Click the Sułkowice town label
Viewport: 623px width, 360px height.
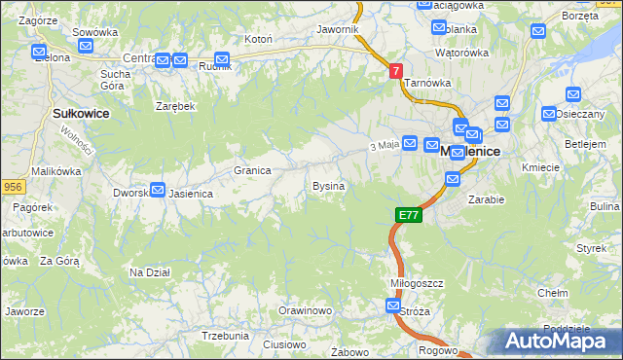pos(80,114)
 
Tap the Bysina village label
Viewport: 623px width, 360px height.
pos(327,185)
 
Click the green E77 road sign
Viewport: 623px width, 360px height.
pos(409,215)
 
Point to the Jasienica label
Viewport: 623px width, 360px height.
pos(191,194)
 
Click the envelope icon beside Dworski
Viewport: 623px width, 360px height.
pos(158,190)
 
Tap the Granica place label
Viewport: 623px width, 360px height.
pos(251,170)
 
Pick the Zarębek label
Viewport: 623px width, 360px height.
pos(176,106)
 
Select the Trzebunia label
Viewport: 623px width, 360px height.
pos(225,335)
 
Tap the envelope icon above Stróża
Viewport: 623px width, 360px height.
pos(392,306)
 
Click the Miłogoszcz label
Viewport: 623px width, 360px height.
pos(417,283)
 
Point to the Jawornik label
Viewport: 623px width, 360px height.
pos(338,30)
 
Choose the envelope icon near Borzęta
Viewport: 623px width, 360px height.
pos(539,31)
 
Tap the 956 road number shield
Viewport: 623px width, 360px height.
pos(12,186)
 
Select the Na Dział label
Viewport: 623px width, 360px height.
pos(150,272)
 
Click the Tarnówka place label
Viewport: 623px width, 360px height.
pos(425,84)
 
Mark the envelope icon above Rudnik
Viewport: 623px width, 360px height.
pos(222,58)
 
